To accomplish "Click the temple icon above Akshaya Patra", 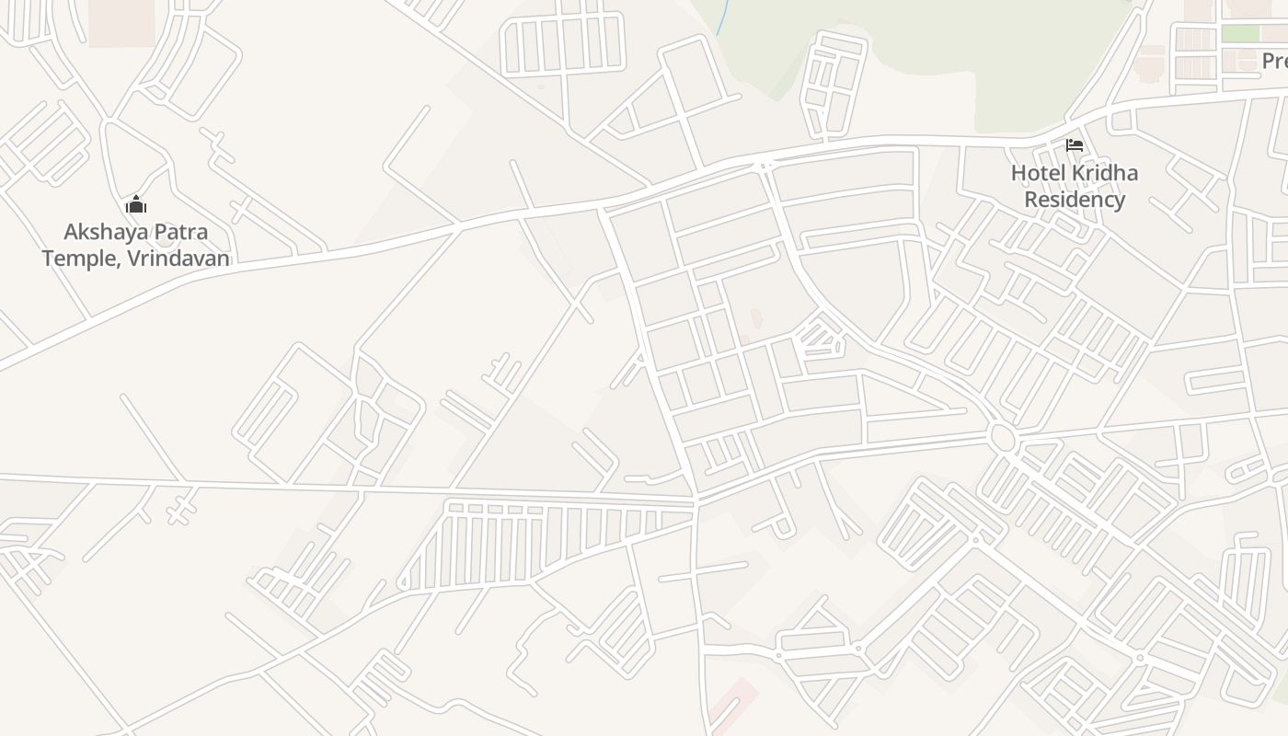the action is coord(136,204).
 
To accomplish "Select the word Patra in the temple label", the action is coord(179,232).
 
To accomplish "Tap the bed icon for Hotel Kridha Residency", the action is coord(1074,145).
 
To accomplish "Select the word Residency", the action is coord(1075,200).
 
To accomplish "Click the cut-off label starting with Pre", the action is coord(1274,62).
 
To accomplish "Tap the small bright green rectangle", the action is coord(1240,34).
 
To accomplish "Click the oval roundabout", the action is coord(1002,436).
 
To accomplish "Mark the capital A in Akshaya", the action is coord(71,232).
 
